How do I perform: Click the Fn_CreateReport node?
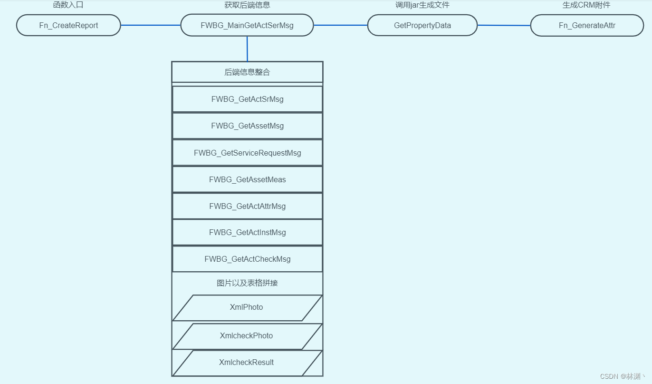point(68,25)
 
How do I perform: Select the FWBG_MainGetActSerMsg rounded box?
point(247,25)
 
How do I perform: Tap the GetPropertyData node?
point(422,25)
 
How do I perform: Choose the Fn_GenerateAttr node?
point(587,25)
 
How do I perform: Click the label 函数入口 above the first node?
point(68,5)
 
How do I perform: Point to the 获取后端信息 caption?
point(247,5)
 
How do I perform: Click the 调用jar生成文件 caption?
point(422,5)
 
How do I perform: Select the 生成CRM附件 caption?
point(586,5)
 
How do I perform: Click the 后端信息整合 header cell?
point(247,72)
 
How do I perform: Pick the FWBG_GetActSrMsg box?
point(247,99)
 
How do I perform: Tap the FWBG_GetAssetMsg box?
point(247,126)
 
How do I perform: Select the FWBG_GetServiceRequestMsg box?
point(247,153)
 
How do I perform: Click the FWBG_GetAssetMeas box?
point(247,179)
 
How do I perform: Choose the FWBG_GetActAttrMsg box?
point(247,206)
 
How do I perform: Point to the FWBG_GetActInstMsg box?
point(247,232)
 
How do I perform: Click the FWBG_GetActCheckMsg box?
point(247,259)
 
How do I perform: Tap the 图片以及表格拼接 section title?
point(247,283)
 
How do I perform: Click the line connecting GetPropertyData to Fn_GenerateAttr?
point(504,25)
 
